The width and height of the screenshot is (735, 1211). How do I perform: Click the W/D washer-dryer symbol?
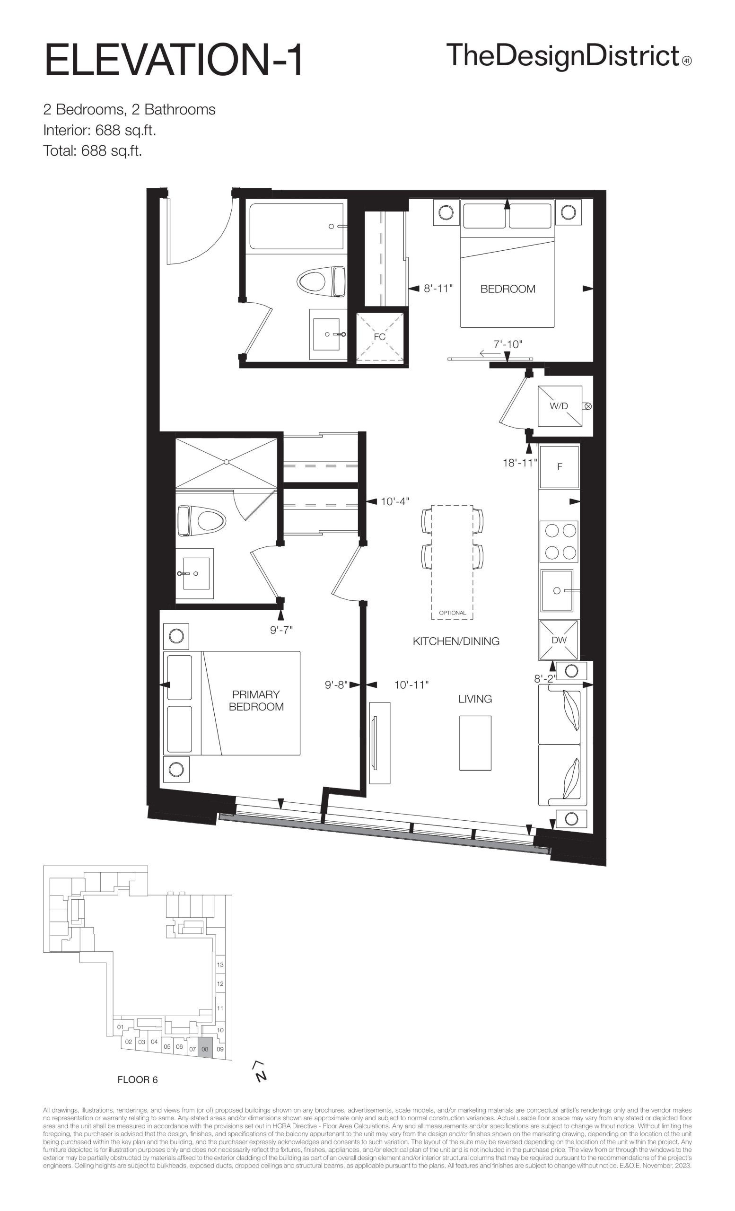pos(559,405)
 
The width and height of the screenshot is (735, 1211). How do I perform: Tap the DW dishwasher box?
pos(559,640)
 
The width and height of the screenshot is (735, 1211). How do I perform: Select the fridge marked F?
pos(559,466)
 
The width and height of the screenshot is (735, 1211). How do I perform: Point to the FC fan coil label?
pos(379,337)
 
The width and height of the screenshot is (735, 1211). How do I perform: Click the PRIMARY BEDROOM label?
pos(256,701)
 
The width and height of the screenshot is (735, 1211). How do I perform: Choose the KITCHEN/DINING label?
pos(456,641)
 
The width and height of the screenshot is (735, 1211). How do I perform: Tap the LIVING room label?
pos(475,698)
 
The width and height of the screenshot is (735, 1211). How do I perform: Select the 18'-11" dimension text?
pos(520,463)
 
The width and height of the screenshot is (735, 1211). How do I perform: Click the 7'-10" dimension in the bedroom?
pos(508,344)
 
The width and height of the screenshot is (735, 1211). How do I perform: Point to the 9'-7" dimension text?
pos(281,630)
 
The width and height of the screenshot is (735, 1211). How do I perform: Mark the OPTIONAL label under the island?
pos(453,613)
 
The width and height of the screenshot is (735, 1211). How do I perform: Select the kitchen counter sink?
pos(557,590)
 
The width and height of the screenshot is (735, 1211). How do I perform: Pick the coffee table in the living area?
pos(475,743)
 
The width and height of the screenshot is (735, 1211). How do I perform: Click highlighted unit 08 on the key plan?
pos(205,1049)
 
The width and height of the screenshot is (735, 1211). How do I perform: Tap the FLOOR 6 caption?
pos(138,1080)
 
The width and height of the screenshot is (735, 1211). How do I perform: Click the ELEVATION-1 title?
pos(174,61)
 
